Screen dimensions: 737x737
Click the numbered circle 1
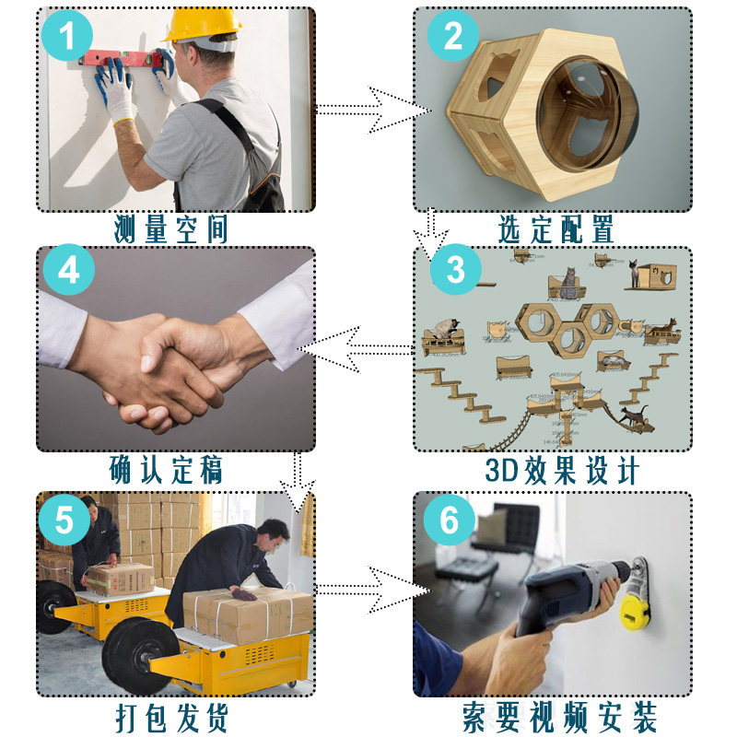[66, 35]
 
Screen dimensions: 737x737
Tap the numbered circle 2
[452, 35]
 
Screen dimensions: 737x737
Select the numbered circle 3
[455, 269]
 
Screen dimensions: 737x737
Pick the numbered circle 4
[68, 269]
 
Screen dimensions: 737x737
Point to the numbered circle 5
[64, 520]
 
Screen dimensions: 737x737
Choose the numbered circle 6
[450, 520]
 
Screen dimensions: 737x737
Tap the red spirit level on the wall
[123, 58]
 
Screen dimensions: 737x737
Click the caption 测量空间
[171, 229]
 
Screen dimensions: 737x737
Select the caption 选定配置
[556, 229]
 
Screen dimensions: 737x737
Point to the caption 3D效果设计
[562, 470]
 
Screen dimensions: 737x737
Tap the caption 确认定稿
[166, 469]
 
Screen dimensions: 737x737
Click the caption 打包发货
[172, 718]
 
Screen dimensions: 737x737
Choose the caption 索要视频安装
[559, 718]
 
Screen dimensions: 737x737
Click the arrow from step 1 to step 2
[374, 110]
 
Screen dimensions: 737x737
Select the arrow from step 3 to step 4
[356, 349]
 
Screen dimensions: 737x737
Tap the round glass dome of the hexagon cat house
[589, 112]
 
